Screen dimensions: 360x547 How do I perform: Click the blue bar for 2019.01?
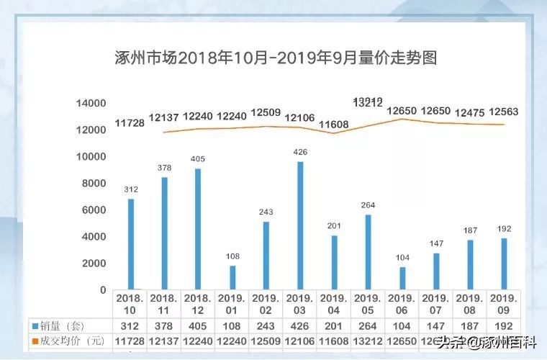coord(232,277)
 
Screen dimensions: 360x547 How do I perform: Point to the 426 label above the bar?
coord(300,152)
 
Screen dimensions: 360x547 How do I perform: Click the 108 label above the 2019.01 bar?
coord(232,256)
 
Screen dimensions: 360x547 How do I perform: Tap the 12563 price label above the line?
coord(503,112)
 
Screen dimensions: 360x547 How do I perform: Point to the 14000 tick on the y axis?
coord(91,103)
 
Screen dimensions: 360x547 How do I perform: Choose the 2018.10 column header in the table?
coord(130,303)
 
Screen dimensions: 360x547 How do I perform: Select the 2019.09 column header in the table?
coord(503,303)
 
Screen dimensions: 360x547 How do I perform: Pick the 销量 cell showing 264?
coord(368,325)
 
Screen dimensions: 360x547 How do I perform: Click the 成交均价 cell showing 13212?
coord(368,340)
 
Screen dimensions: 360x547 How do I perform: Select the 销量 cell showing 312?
coord(130,325)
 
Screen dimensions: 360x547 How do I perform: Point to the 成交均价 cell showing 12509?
coord(266,340)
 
